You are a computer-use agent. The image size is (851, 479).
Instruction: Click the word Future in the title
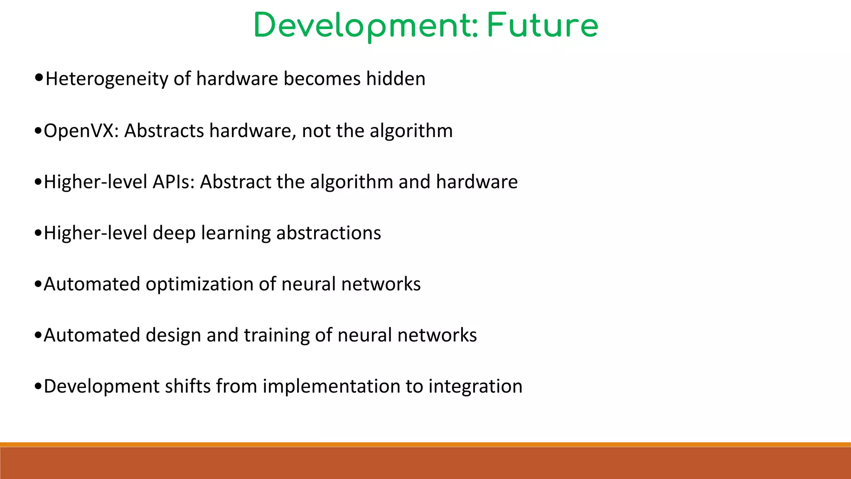coord(542,26)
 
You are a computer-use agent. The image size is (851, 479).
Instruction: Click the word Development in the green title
coord(362,26)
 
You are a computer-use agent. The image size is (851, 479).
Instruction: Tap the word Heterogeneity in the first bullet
coord(107,79)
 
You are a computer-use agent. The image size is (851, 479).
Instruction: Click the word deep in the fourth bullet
coord(174,233)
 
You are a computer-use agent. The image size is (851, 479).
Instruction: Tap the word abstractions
coord(329,233)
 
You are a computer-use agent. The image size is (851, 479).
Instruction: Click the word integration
coord(475,386)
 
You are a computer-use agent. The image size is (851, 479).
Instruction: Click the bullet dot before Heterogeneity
coord(39,77)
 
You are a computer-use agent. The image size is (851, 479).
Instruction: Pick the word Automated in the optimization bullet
coord(92,284)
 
